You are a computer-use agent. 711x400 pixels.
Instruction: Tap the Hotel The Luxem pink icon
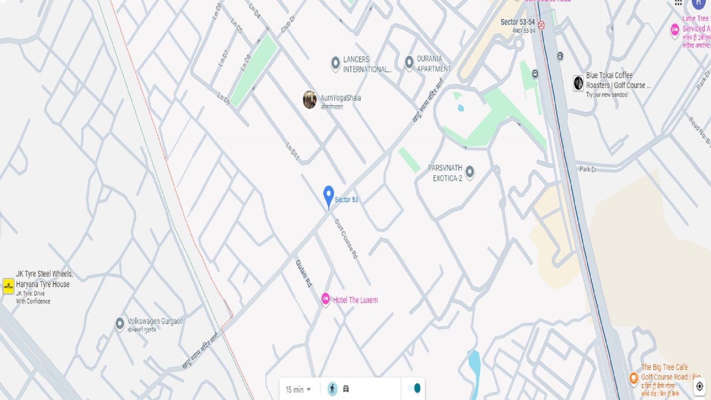point(326,299)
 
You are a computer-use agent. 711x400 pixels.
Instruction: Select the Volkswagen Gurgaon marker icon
point(120,323)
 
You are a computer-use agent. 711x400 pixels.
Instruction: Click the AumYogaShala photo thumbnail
point(310,100)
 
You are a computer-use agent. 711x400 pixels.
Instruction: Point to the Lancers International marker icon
point(336,63)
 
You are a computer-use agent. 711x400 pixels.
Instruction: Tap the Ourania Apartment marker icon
point(409,62)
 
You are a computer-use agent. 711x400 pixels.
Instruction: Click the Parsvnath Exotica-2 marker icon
point(470,171)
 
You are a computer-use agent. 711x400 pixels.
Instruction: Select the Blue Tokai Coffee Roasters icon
point(578,83)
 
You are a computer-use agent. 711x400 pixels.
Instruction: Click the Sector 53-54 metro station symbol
point(541,25)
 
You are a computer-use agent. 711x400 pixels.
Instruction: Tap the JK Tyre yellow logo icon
point(8,286)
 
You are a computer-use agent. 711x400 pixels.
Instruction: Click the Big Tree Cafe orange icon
point(634,378)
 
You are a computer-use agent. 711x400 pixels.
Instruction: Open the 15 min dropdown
point(298,389)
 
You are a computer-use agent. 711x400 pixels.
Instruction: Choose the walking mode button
point(332,389)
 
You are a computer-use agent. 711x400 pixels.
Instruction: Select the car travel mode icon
point(346,389)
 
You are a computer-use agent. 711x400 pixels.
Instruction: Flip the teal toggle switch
point(414,388)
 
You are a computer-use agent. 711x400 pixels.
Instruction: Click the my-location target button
point(700,386)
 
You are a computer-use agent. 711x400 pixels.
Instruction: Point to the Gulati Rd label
point(304,274)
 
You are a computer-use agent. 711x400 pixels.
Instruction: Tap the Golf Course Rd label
point(346,239)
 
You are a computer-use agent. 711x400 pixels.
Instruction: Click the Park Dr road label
point(588,169)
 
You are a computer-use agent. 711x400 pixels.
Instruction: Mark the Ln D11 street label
point(293,151)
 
